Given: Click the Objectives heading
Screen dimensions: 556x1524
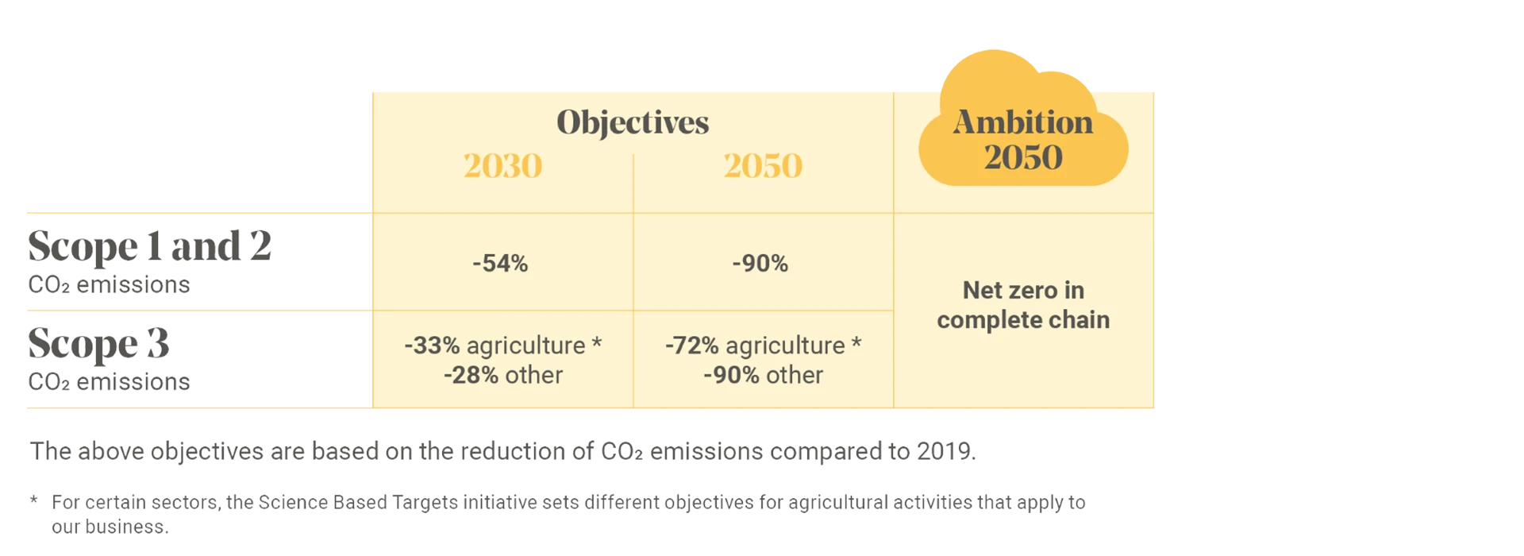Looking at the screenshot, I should [x=633, y=122].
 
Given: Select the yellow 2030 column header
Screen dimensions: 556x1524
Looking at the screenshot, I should [x=502, y=166].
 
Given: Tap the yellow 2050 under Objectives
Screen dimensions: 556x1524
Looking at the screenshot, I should [x=763, y=166].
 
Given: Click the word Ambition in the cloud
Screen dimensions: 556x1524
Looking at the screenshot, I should [x=1023, y=122].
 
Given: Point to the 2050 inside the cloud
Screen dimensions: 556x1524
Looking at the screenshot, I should [x=1023, y=157].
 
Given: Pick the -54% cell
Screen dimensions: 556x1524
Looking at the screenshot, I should [x=500, y=263].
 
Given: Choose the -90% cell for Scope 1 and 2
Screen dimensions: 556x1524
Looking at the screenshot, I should [x=760, y=263].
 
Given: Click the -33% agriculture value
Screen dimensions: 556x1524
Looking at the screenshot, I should [x=494, y=346].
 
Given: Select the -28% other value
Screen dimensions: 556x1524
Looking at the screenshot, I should [x=503, y=375].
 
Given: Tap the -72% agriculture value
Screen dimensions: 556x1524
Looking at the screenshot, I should [x=754, y=346].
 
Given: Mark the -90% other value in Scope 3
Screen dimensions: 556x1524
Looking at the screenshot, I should [x=763, y=375].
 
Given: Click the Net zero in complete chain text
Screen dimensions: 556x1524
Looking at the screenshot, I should [x=1023, y=305].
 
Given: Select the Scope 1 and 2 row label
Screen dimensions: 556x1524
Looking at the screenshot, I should [x=149, y=246].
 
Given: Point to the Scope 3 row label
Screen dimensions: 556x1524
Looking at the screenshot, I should [x=98, y=343].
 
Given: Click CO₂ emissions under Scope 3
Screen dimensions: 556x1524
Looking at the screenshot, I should [x=108, y=383].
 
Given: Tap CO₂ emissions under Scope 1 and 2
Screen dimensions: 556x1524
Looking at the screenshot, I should [x=108, y=285].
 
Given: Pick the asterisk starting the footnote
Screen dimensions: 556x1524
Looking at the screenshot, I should [x=33, y=500].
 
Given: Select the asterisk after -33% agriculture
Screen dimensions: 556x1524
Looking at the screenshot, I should [x=597, y=344].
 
